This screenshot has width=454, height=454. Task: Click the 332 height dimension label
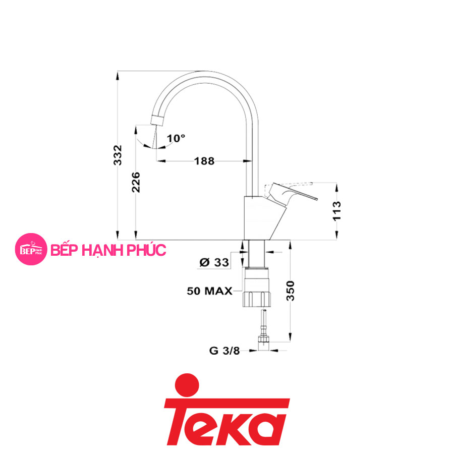118,155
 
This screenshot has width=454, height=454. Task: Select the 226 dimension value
136,183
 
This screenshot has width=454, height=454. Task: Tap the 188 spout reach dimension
204,161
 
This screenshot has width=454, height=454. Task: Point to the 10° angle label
176,138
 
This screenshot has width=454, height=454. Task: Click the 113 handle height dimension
337,211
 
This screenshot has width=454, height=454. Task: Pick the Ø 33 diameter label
214,262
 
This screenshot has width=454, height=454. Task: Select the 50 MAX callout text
210,291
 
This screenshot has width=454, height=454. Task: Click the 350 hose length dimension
291,291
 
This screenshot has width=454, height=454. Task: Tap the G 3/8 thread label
224,351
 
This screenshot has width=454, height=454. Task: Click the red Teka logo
226,410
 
